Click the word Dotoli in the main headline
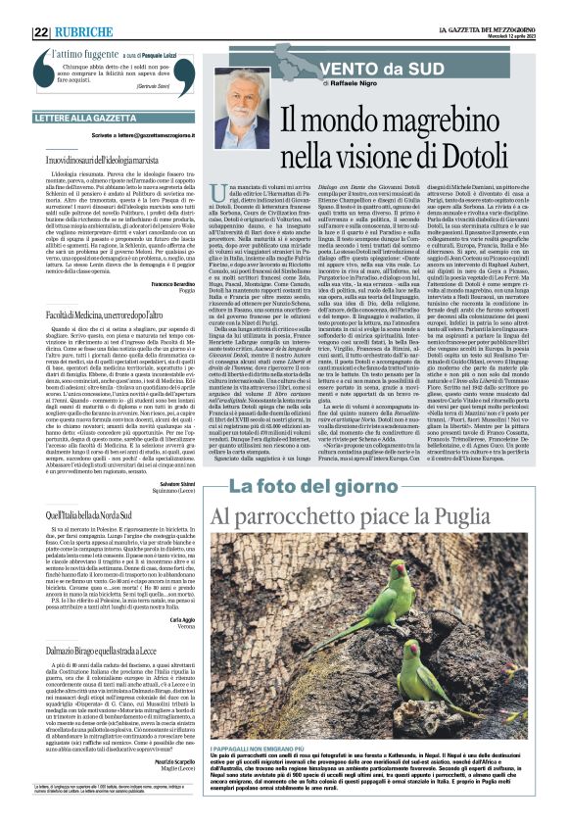pos(491,152)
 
